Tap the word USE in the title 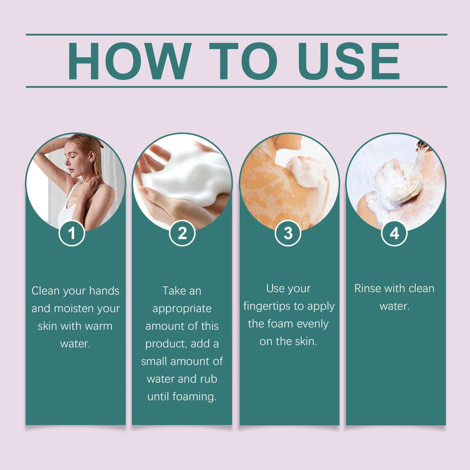349,61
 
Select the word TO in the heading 243,61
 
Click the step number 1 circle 72,233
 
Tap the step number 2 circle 182,233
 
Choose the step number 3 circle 288,233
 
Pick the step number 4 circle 394,233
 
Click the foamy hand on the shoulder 304,171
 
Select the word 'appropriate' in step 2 182,309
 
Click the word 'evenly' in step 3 313,324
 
